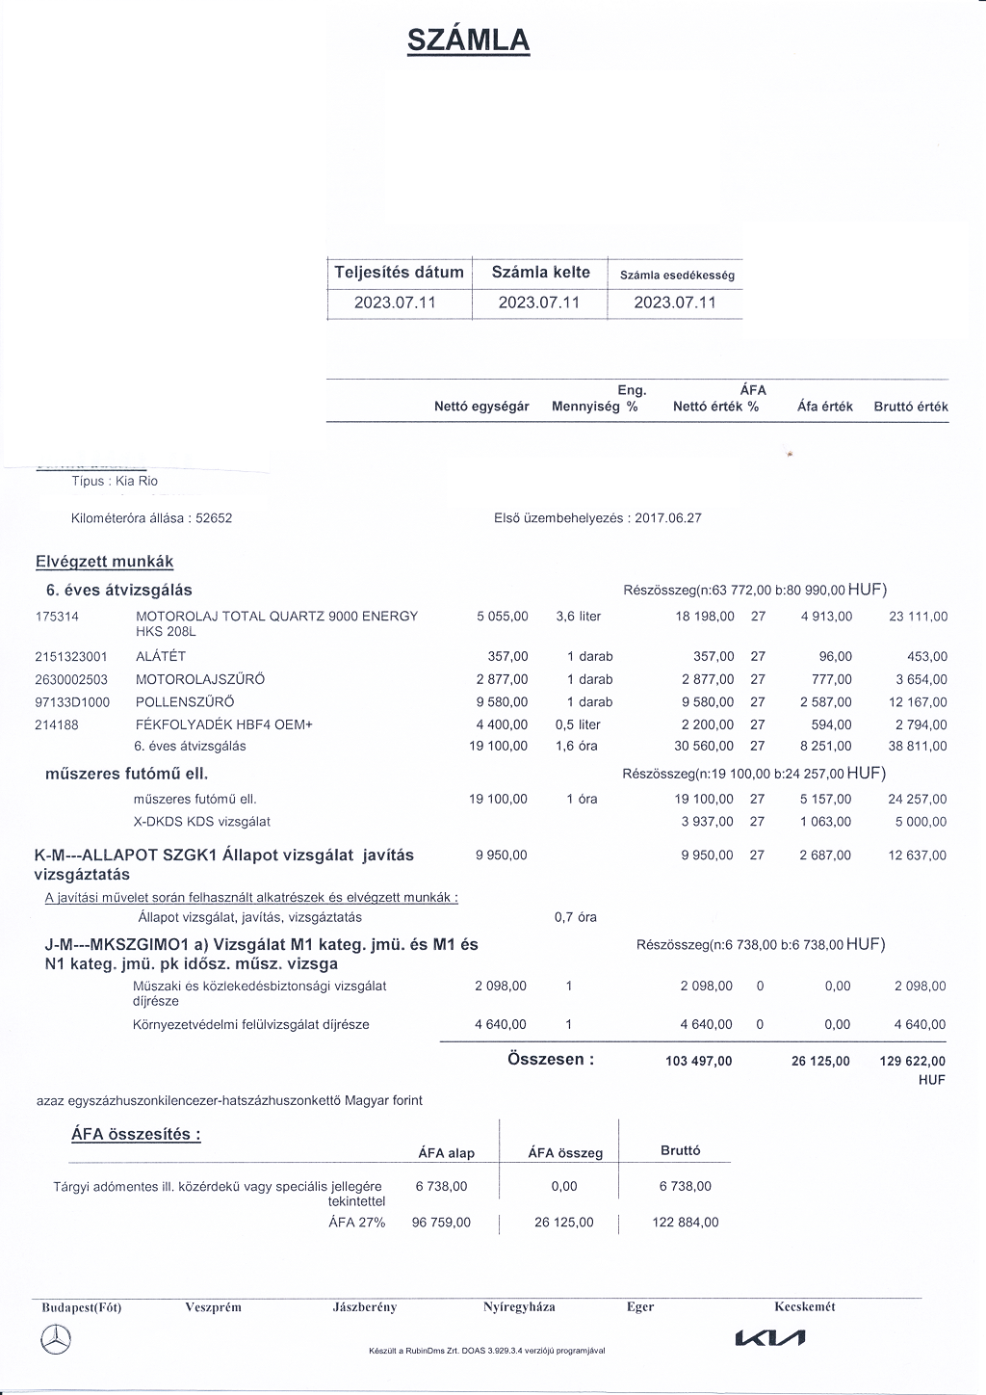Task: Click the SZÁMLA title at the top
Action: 468,39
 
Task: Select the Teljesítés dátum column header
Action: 399,273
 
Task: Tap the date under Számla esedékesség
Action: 675,303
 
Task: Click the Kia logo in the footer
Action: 769,1338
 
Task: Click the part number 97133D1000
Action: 69,702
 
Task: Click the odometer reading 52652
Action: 214,518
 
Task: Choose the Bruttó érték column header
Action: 910,407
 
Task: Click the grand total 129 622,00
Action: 913,1062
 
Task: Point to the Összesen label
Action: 551,1060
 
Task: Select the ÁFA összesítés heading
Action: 136,1134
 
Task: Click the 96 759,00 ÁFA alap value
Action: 441,1223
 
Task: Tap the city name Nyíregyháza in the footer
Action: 519,1307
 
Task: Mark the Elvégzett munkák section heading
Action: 104,562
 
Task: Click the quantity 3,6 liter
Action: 578,617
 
